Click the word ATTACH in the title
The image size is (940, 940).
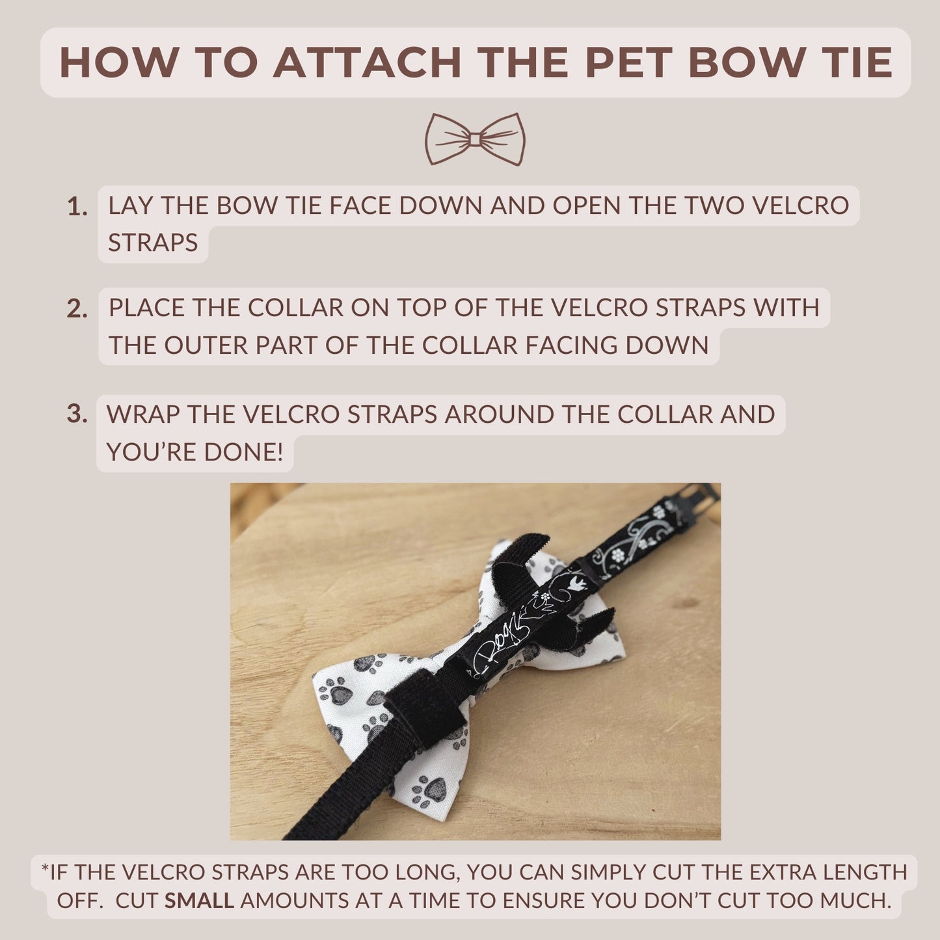(x=368, y=63)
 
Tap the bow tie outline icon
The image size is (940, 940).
(x=475, y=139)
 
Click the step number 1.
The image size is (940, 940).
(x=77, y=207)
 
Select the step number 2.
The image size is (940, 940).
(x=77, y=309)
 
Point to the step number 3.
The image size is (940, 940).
(x=77, y=414)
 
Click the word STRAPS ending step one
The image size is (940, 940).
(x=153, y=243)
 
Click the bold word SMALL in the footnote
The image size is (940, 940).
(x=199, y=900)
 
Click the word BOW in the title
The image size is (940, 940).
(x=746, y=63)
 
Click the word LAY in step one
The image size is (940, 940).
(x=131, y=206)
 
